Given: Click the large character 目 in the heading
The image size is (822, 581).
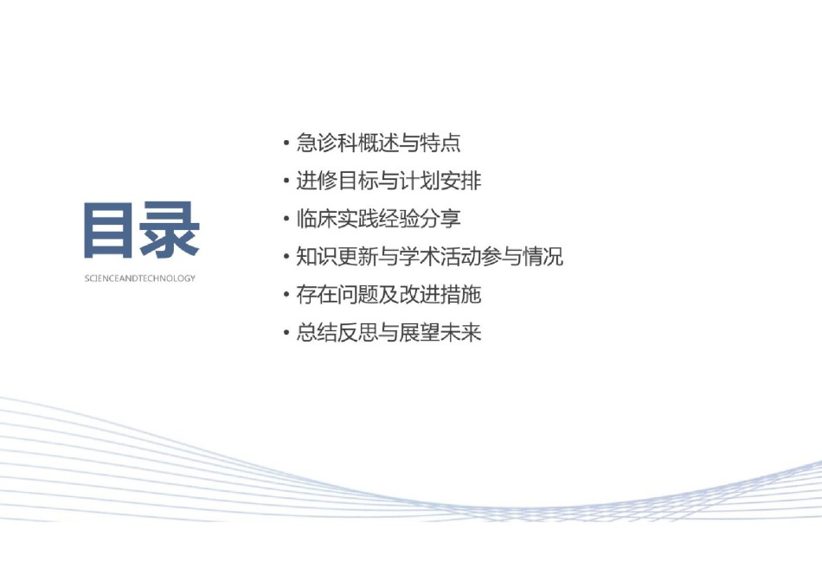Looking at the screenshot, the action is click(108, 230).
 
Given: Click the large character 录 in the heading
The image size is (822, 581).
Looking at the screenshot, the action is click(169, 230).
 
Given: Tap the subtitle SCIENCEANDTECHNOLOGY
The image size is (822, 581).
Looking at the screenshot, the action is click(139, 278).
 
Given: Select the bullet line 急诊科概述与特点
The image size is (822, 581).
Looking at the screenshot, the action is click(378, 143).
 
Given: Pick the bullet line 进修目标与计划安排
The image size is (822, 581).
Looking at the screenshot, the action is click(389, 181).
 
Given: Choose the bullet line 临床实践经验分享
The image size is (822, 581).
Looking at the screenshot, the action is click(378, 219).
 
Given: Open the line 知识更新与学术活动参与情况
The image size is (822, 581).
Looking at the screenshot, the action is click(429, 257).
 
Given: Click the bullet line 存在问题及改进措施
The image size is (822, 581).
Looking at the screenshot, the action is click(389, 295).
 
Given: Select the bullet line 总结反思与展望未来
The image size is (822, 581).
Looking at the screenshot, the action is click(389, 332).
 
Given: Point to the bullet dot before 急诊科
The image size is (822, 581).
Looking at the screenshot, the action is click(286, 143).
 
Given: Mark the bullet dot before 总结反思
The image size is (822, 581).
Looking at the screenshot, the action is click(286, 332).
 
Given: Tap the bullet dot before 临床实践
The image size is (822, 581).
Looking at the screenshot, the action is click(286, 219).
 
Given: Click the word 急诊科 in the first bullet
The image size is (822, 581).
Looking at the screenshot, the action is click(326, 143).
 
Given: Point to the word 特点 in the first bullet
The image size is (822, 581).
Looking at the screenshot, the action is click(440, 143).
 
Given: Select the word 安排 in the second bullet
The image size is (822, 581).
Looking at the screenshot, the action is click(461, 181).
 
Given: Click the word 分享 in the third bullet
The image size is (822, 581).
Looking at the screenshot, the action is click(440, 219).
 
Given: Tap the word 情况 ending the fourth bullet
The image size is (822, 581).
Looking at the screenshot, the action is click(543, 257).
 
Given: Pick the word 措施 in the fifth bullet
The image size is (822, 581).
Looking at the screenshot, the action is click(461, 295).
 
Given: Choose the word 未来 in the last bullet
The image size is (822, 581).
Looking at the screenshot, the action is click(461, 332).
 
